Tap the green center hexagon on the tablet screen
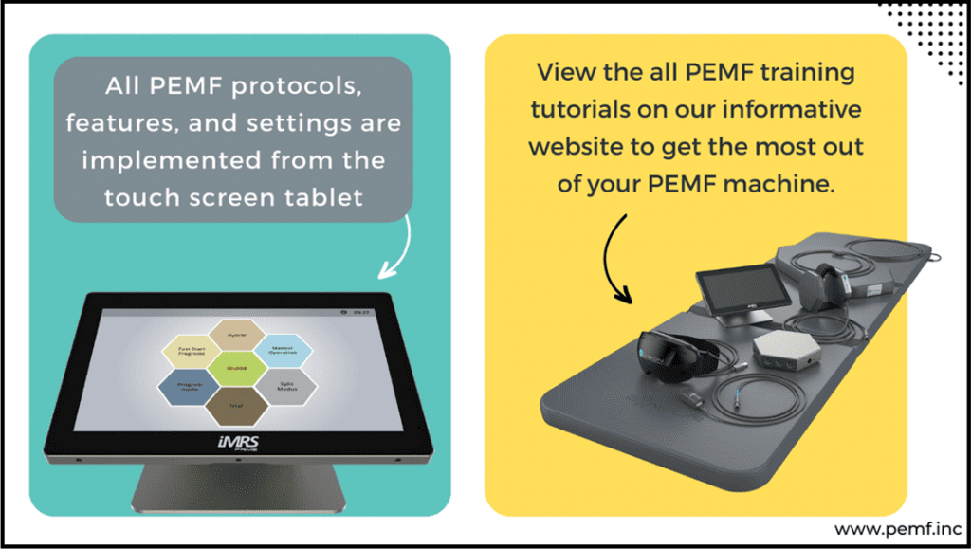[x=238, y=368]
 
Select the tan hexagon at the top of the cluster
[x=237, y=334]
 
